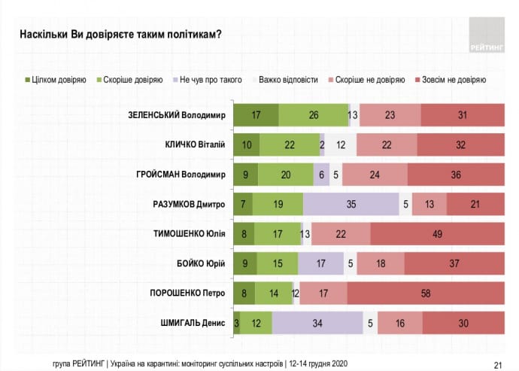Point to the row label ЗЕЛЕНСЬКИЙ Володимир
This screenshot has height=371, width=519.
click(178, 114)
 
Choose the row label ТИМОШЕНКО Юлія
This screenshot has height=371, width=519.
click(184, 233)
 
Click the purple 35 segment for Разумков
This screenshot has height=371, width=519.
click(351, 203)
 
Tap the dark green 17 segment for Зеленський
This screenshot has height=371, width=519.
click(256, 114)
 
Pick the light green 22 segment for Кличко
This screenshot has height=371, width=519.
click(290, 144)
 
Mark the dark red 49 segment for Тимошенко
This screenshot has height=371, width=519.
click(436, 233)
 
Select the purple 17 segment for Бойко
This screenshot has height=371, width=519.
click(320, 263)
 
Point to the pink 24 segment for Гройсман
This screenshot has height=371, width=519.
click(375, 174)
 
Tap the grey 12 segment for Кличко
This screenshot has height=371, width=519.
click(341, 144)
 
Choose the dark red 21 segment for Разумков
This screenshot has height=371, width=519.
click(475, 203)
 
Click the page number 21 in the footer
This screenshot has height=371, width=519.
click(497, 361)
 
